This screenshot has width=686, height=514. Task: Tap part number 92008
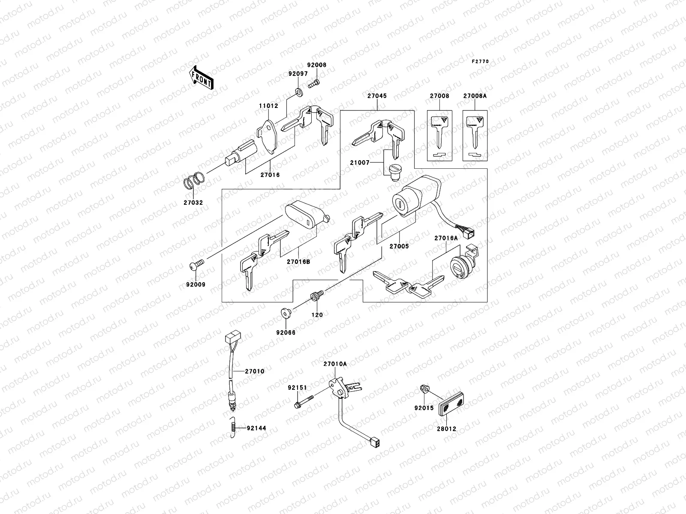coord(317,65)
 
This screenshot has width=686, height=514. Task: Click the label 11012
coord(268,106)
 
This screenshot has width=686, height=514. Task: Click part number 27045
coord(376,96)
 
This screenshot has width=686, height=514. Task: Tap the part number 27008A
coord(475,96)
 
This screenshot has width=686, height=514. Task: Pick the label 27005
coord(399,246)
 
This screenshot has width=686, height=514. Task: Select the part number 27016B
coord(299,261)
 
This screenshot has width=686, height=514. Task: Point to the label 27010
coord(255,371)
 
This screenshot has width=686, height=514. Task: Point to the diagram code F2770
coord(480,62)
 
